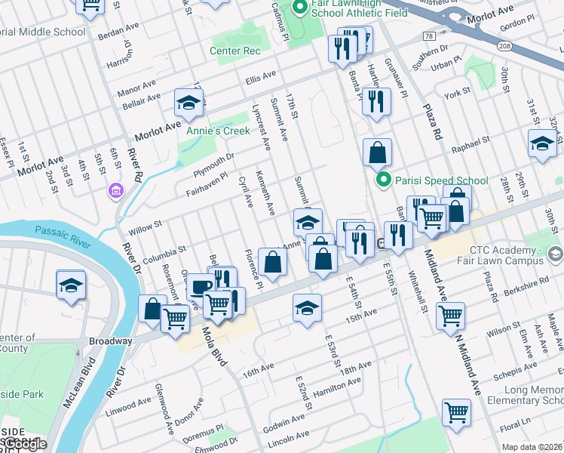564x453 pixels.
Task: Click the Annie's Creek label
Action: pyautogui.click(x=218, y=131)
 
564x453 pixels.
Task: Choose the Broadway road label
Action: pyautogui.click(x=111, y=341)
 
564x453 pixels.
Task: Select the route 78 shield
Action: pyautogui.click(x=429, y=35)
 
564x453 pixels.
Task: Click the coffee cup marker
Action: pyautogui.click(x=200, y=287)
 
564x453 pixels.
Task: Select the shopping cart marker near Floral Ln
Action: pyautogui.click(x=455, y=412)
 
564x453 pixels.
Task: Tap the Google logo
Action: pyautogui.click(x=26, y=445)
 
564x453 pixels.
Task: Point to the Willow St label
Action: pyautogui.click(x=148, y=225)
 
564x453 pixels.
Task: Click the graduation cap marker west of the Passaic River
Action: pyautogui.click(x=71, y=285)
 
